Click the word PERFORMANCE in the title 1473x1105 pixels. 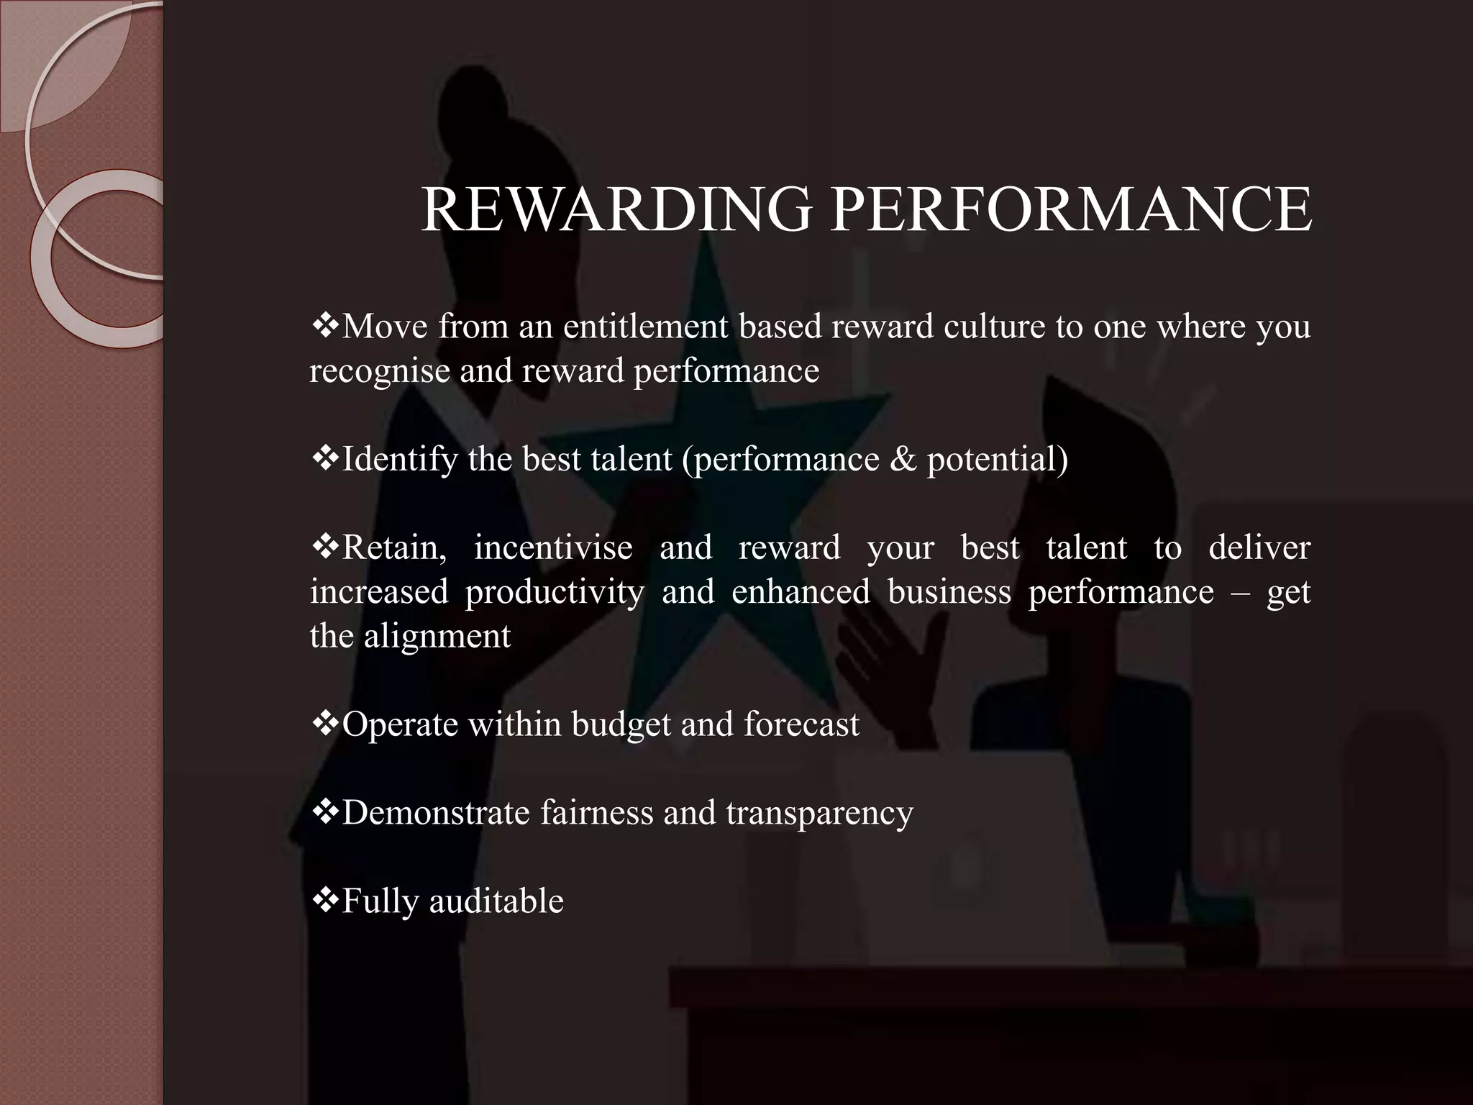pyautogui.click(x=1071, y=209)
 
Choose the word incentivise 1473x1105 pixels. pyautogui.click(x=552, y=548)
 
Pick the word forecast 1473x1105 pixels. pyautogui.click(x=801, y=724)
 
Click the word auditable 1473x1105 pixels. pyautogui.click(x=496, y=901)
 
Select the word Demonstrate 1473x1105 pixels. pyautogui.click(x=436, y=813)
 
